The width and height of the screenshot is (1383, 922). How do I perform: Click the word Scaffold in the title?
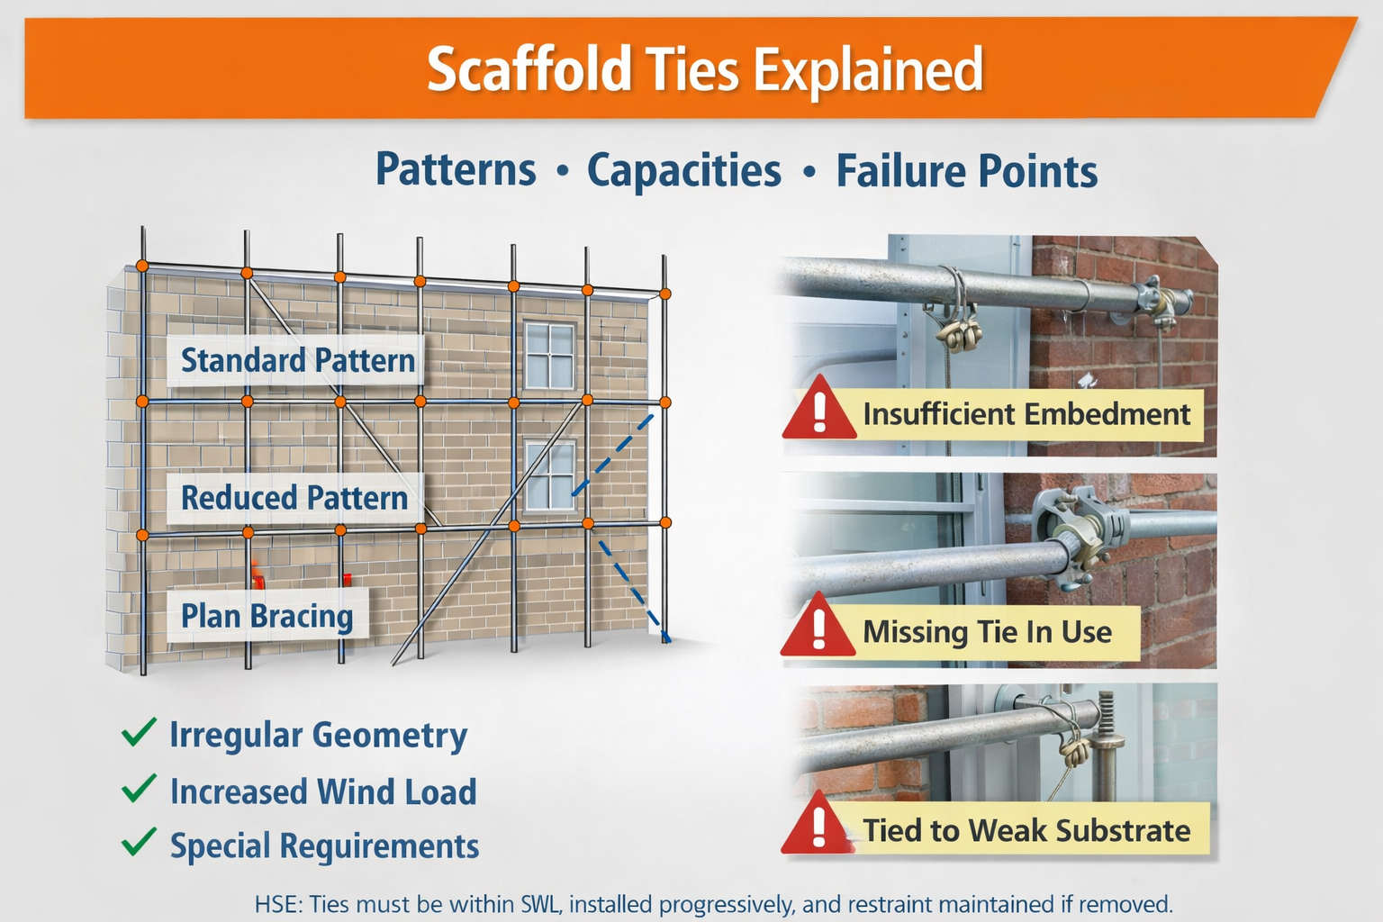pos(529,70)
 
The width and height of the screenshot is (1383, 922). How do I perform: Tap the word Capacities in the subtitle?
pos(683,170)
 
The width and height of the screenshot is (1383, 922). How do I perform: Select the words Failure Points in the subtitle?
pos(966,171)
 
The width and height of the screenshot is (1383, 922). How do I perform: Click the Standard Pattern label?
pos(297,361)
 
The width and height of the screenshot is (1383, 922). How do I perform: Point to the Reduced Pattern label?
pos(294,498)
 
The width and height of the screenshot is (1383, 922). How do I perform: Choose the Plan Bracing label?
pos(267,617)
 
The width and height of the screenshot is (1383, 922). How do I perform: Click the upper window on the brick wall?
pos(549,355)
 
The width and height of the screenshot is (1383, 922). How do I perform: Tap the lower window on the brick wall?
pos(549,475)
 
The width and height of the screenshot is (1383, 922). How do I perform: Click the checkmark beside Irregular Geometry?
pos(139,733)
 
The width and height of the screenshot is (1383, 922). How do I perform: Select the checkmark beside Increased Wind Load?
pos(139,789)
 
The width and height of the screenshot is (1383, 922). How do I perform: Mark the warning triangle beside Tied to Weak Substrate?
pos(818,826)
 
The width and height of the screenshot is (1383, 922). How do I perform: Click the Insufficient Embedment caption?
pos(1026,414)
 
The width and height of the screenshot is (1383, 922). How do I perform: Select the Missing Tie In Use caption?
pos(987,632)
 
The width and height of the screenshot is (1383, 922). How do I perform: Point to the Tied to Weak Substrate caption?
pos(1026,830)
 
